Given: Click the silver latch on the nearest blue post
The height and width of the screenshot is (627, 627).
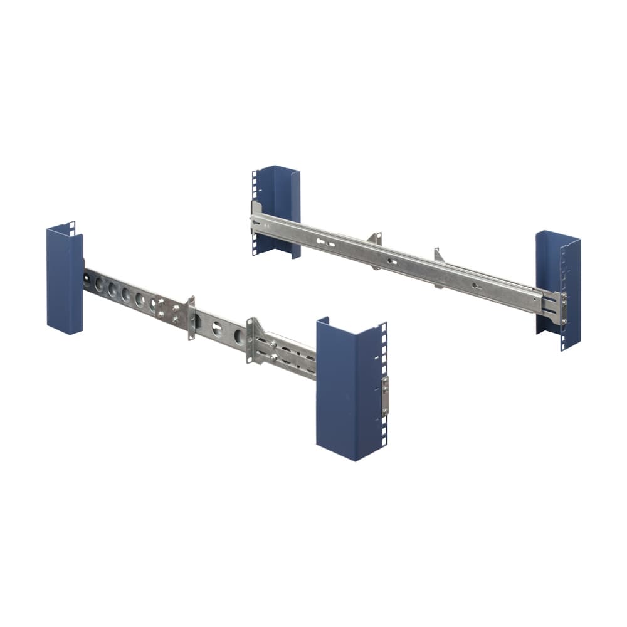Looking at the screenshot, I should (385, 396).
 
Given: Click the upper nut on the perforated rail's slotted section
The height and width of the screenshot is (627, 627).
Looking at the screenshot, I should (274, 344).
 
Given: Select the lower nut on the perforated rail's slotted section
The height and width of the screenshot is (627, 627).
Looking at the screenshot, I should (274, 359).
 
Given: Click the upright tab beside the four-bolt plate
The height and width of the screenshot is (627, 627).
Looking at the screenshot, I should (191, 318).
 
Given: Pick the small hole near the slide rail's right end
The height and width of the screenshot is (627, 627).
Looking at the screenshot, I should (476, 287).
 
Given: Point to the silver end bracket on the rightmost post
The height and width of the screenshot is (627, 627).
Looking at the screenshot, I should (562, 308).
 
